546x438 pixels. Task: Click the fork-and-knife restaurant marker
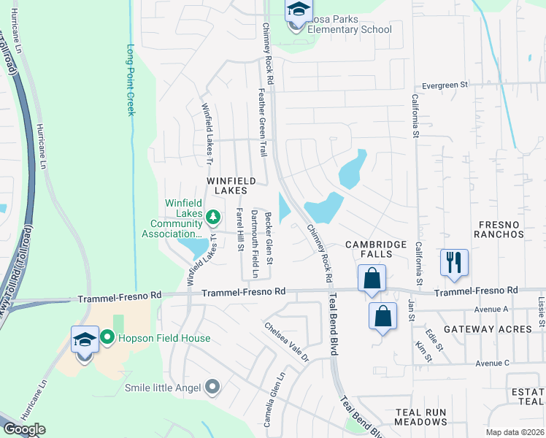[x=454, y=262]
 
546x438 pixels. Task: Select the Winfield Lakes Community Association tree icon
[x=212, y=216]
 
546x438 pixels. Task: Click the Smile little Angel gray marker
[x=212, y=386]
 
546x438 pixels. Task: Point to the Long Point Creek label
[x=131, y=80]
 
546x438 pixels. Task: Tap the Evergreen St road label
[x=439, y=85]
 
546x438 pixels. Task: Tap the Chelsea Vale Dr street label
[x=287, y=342]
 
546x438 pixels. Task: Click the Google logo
[x=24, y=429]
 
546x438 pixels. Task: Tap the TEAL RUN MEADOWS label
[x=420, y=418]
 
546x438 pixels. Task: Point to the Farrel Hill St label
[x=239, y=229]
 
